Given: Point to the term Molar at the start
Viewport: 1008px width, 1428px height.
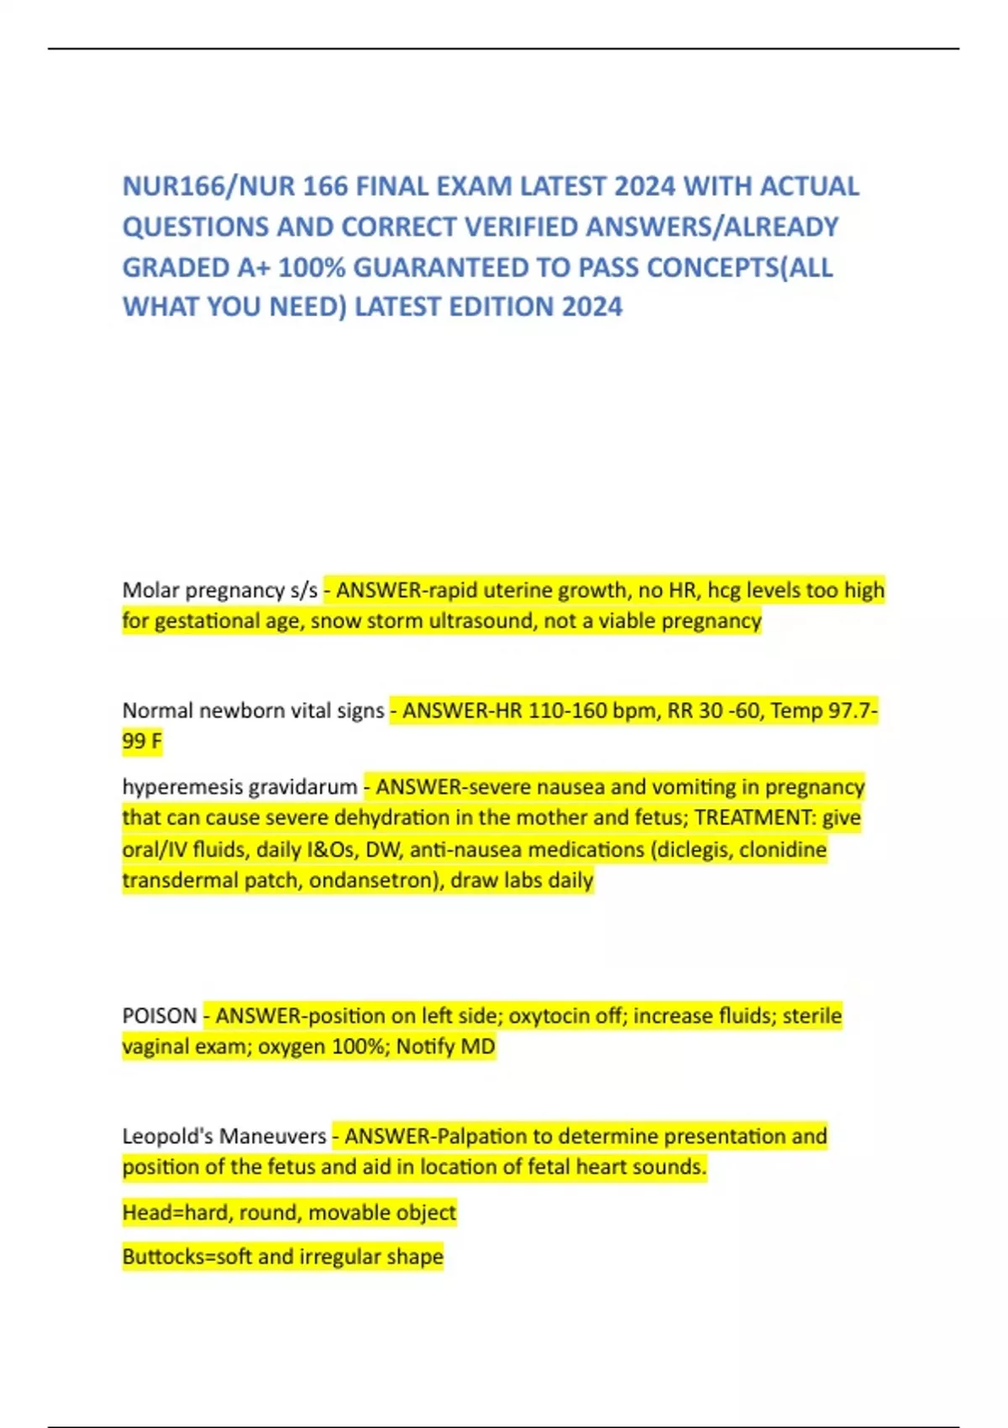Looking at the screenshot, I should click(150, 590).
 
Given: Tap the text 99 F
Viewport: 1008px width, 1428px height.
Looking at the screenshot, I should click(142, 742).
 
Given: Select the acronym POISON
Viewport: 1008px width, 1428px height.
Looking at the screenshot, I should click(160, 1016).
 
